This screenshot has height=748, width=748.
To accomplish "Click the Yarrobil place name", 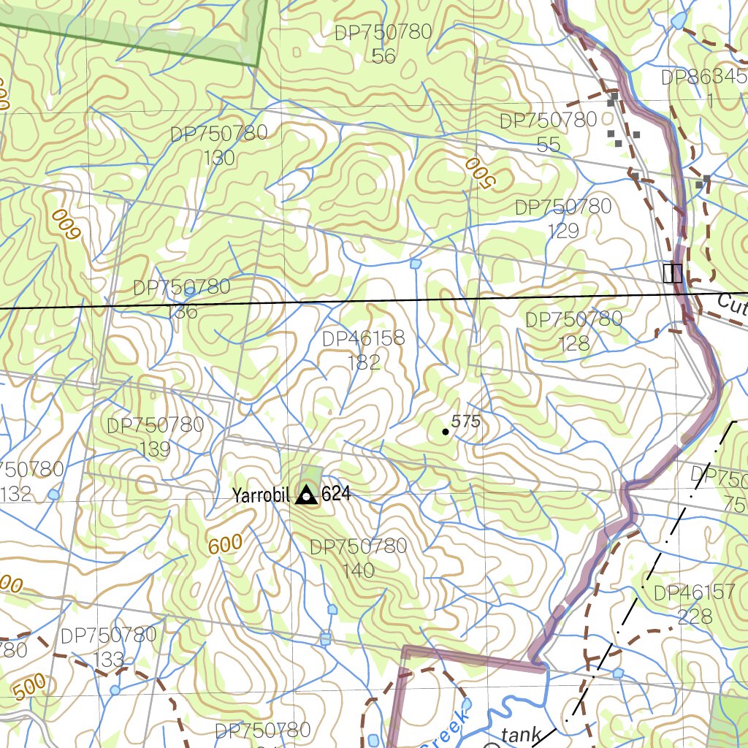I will pyautogui.click(x=261, y=495).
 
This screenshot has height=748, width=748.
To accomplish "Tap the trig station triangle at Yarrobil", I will pyautogui.click(x=306, y=496).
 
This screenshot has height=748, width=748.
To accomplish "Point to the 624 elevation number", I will pyautogui.click(x=336, y=495).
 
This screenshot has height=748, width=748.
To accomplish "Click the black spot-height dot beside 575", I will pyautogui.click(x=446, y=432).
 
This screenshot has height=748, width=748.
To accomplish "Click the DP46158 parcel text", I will pyautogui.click(x=363, y=338).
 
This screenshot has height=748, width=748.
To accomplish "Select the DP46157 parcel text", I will pyautogui.click(x=694, y=592).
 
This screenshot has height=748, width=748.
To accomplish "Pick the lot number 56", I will pyautogui.click(x=383, y=56).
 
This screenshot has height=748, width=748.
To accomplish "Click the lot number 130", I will pyautogui.click(x=219, y=158).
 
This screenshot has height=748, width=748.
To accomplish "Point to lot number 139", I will pyautogui.click(x=154, y=449).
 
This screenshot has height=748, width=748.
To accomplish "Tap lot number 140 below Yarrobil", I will pyautogui.click(x=358, y=570).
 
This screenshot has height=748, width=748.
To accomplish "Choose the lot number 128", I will pyautogui.click(x=573, y=343).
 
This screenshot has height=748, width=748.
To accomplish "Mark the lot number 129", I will pyautogui.click(x=563, y=231).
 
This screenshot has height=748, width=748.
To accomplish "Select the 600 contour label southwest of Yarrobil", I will pyautogui.click(x=225, y=545).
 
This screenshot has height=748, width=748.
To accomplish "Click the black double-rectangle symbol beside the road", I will pyautogui.click(x=672, y=273).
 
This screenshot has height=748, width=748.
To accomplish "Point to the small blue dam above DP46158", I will pyautogui.click(x=416, y=263).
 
